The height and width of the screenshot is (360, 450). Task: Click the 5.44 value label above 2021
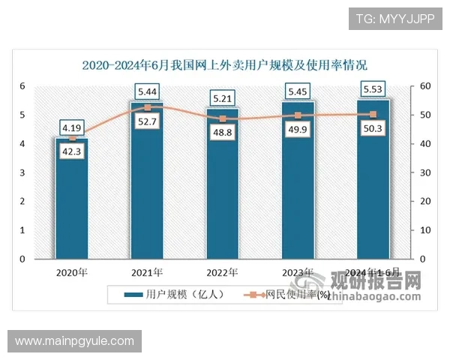[x=147, y=92]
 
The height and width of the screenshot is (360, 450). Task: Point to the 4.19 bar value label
[x=72, y=127]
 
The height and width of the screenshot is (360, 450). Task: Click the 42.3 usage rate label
[x=72, y=154]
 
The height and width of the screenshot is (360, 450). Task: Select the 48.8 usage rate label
[x=223, y=133]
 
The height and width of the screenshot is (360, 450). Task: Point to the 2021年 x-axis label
[x=147, y=272]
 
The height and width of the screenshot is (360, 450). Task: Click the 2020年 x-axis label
[x=72, y=272]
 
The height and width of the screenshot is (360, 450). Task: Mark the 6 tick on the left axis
[x=23, y=86]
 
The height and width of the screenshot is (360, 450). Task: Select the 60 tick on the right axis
[x=425, y=86]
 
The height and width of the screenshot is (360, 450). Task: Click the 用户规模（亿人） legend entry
[x=174, y=295]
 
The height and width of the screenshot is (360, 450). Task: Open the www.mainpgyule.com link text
[x=75, y=342]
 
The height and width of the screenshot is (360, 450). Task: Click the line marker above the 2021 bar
[x=147, y=107]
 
